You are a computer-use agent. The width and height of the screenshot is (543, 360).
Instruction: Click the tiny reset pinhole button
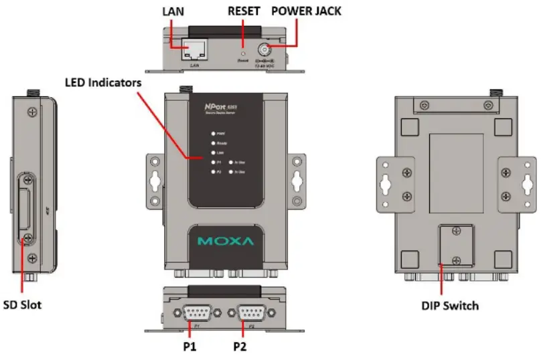click(243, 51)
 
